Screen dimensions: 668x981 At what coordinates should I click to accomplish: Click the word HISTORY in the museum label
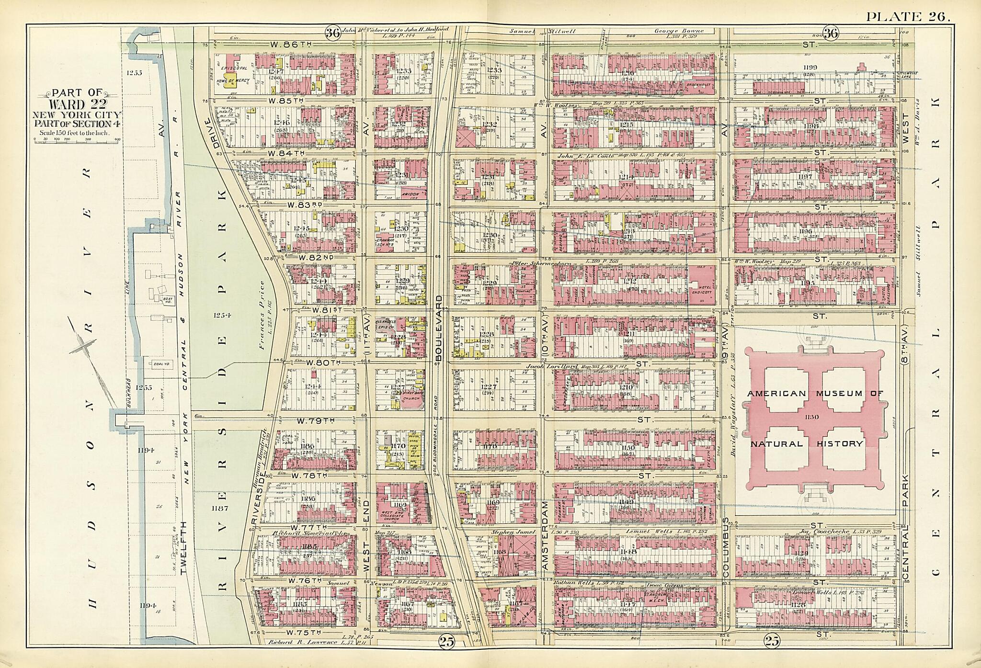[x=841, y=443]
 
